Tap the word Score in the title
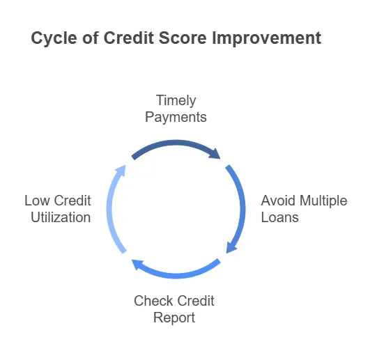pyautogui.click(x=180, y=38)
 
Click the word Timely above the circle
pyautogui.click(x=176, y=100)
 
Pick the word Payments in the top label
pyautogui.click(x=176, y=117)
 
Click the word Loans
pyautogui.click(x=280, y=217)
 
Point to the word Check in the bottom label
pyautogui.click(x=153, y=301)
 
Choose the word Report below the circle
pyautogui.click(x=175, y=318)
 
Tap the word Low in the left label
pyautogui.click(x=37, y=201)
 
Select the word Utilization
pyautogui.click(x=61, y=217)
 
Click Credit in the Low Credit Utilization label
pyautogui.click(x=72, y=201)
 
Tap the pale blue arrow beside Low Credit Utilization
pyautogui.click(x=111, y=209)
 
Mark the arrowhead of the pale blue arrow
pyautogui.click(x=121, y=169)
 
